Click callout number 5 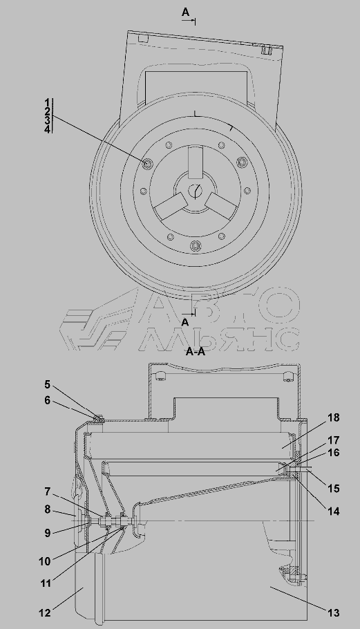(47, 385)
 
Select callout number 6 (47, 400)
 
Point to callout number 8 (47, 509)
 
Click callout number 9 (47, 533)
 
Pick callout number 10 (45, 561)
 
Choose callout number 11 (45, 583)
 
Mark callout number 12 (45, 613)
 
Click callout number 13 (334, 613)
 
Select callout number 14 (334, 511)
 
